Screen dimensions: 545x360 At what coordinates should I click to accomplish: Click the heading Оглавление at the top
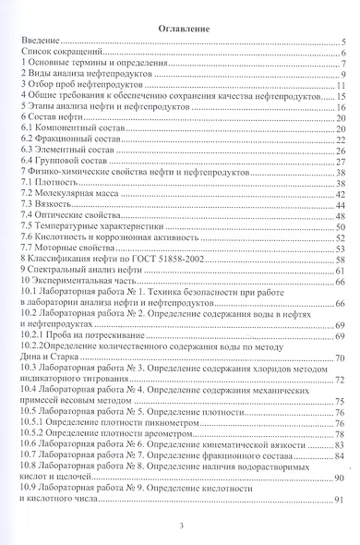[x=179, y=29]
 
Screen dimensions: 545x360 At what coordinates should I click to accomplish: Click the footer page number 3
[x=180, y=526]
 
